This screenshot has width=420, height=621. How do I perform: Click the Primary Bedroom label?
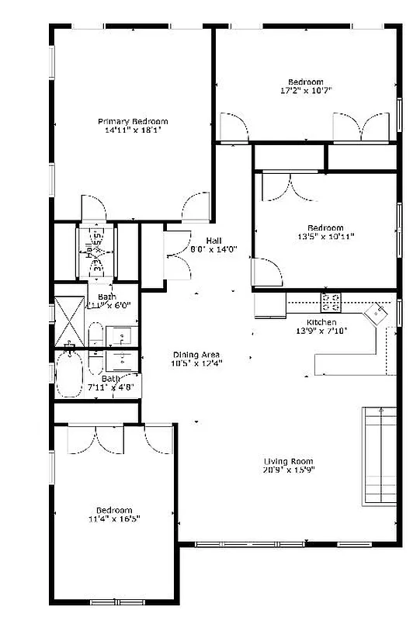click(x=133, y=121)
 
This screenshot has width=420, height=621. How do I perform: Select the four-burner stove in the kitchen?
click(x=331, y=300)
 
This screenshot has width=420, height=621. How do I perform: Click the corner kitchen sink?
click(x=377, y=312)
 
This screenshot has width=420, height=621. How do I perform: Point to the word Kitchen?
click(x=321, y=321)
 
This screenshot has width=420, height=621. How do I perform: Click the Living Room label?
click(x=288, y=460)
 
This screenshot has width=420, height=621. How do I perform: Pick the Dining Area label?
click(x=195, y=355)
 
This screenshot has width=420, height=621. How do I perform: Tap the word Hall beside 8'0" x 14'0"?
click(x=215, y=241)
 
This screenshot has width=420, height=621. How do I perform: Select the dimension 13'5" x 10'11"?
click(x=327, y=237)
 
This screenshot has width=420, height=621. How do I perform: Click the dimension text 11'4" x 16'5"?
click(x=114, y=518)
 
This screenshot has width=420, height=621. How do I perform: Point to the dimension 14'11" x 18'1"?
click(x=132, y=130)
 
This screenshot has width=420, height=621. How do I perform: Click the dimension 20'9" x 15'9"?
click(x=288, y=469)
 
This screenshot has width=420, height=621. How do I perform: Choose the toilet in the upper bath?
click(x=95, y=338)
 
